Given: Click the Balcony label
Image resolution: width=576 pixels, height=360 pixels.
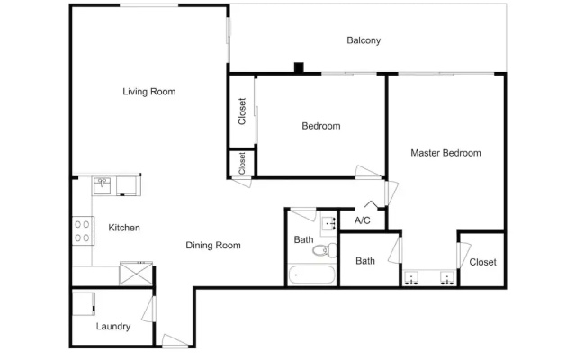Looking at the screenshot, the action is point(364,40).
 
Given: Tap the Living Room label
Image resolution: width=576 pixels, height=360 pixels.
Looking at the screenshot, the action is point(149,92).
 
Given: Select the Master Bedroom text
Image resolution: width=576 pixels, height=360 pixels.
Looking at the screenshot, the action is point(445,153).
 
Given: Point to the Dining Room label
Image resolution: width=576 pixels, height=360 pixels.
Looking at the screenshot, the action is point(213,245).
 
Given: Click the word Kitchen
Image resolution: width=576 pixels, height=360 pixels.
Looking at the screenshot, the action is point(124,228).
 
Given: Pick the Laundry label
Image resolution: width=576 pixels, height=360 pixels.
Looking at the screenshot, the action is point(113,326).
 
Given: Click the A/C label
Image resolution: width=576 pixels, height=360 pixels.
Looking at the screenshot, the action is point(362,220).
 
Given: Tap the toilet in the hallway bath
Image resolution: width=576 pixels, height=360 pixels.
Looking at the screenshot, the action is point(325,250).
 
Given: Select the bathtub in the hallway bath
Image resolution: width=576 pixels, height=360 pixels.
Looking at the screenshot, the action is point(312,274).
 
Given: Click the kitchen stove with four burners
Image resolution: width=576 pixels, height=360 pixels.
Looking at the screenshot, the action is point(83,230).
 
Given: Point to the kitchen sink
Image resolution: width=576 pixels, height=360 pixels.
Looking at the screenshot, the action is point(102,185).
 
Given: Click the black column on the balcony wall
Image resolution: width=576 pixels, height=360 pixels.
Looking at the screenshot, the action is point(299,68).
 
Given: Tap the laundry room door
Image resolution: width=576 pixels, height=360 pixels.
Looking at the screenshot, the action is point(149,309).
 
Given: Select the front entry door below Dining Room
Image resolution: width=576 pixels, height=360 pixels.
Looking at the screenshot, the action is point(175,340).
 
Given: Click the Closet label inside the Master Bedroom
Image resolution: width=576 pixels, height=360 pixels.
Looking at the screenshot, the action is point(482,262).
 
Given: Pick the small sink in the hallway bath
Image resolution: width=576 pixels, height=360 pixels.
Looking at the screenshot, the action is point(328,223).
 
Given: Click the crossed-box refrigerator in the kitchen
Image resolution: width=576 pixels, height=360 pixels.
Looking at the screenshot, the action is point(136,273).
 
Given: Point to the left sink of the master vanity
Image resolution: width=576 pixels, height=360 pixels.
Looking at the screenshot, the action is point(410,278).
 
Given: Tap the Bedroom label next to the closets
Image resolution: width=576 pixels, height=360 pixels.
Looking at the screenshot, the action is point(321,126).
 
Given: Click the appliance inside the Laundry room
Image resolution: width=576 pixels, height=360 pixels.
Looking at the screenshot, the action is point(84,304).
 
